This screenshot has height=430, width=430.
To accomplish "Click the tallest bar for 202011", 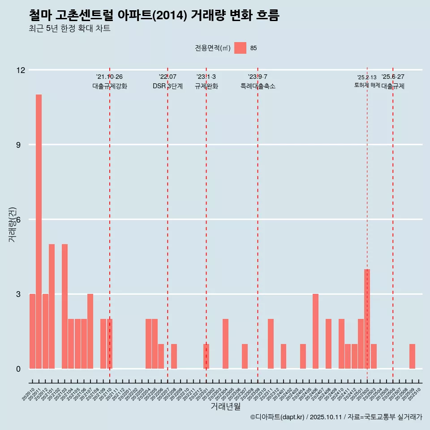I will pyautogui.click(x=39, y=232).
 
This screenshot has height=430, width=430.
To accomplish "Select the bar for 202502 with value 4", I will pyautogui.click(x=367, y=319).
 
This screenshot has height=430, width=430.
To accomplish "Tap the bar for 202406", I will pyautogui.click(x=315, y=331).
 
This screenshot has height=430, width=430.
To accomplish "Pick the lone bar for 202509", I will pyautogui.click(x=412, y=357).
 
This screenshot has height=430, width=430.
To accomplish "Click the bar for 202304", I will pyautogui.click(x=225, y=344).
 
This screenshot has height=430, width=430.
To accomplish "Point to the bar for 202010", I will pyautogui.click(x=32, y=331).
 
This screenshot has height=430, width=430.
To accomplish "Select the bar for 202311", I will pyautogui.click(x=271, y=344).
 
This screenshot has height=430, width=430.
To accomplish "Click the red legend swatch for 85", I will pyautogui.click(x=240, y=48).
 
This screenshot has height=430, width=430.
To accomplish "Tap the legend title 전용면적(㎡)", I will pyautogui.click(x=213, y=48).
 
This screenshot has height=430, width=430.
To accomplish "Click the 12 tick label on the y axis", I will pyautogui.click(x=21, y=70).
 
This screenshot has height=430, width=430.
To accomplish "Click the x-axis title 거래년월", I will pyautogui.click(x=226, y=406).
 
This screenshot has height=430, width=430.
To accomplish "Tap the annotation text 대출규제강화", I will pyautogui.click(x=110, y=86).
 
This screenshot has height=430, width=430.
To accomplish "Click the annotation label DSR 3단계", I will pyautogui.click(x=168, y=86).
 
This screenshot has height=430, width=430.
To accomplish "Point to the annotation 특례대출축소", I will pyautogui.click(x=258, y=86).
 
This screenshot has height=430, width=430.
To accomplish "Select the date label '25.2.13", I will pyautogui.click(x=367, y=77).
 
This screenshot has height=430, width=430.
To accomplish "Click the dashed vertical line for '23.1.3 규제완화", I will pyautogui.click(x=206, y=224).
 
